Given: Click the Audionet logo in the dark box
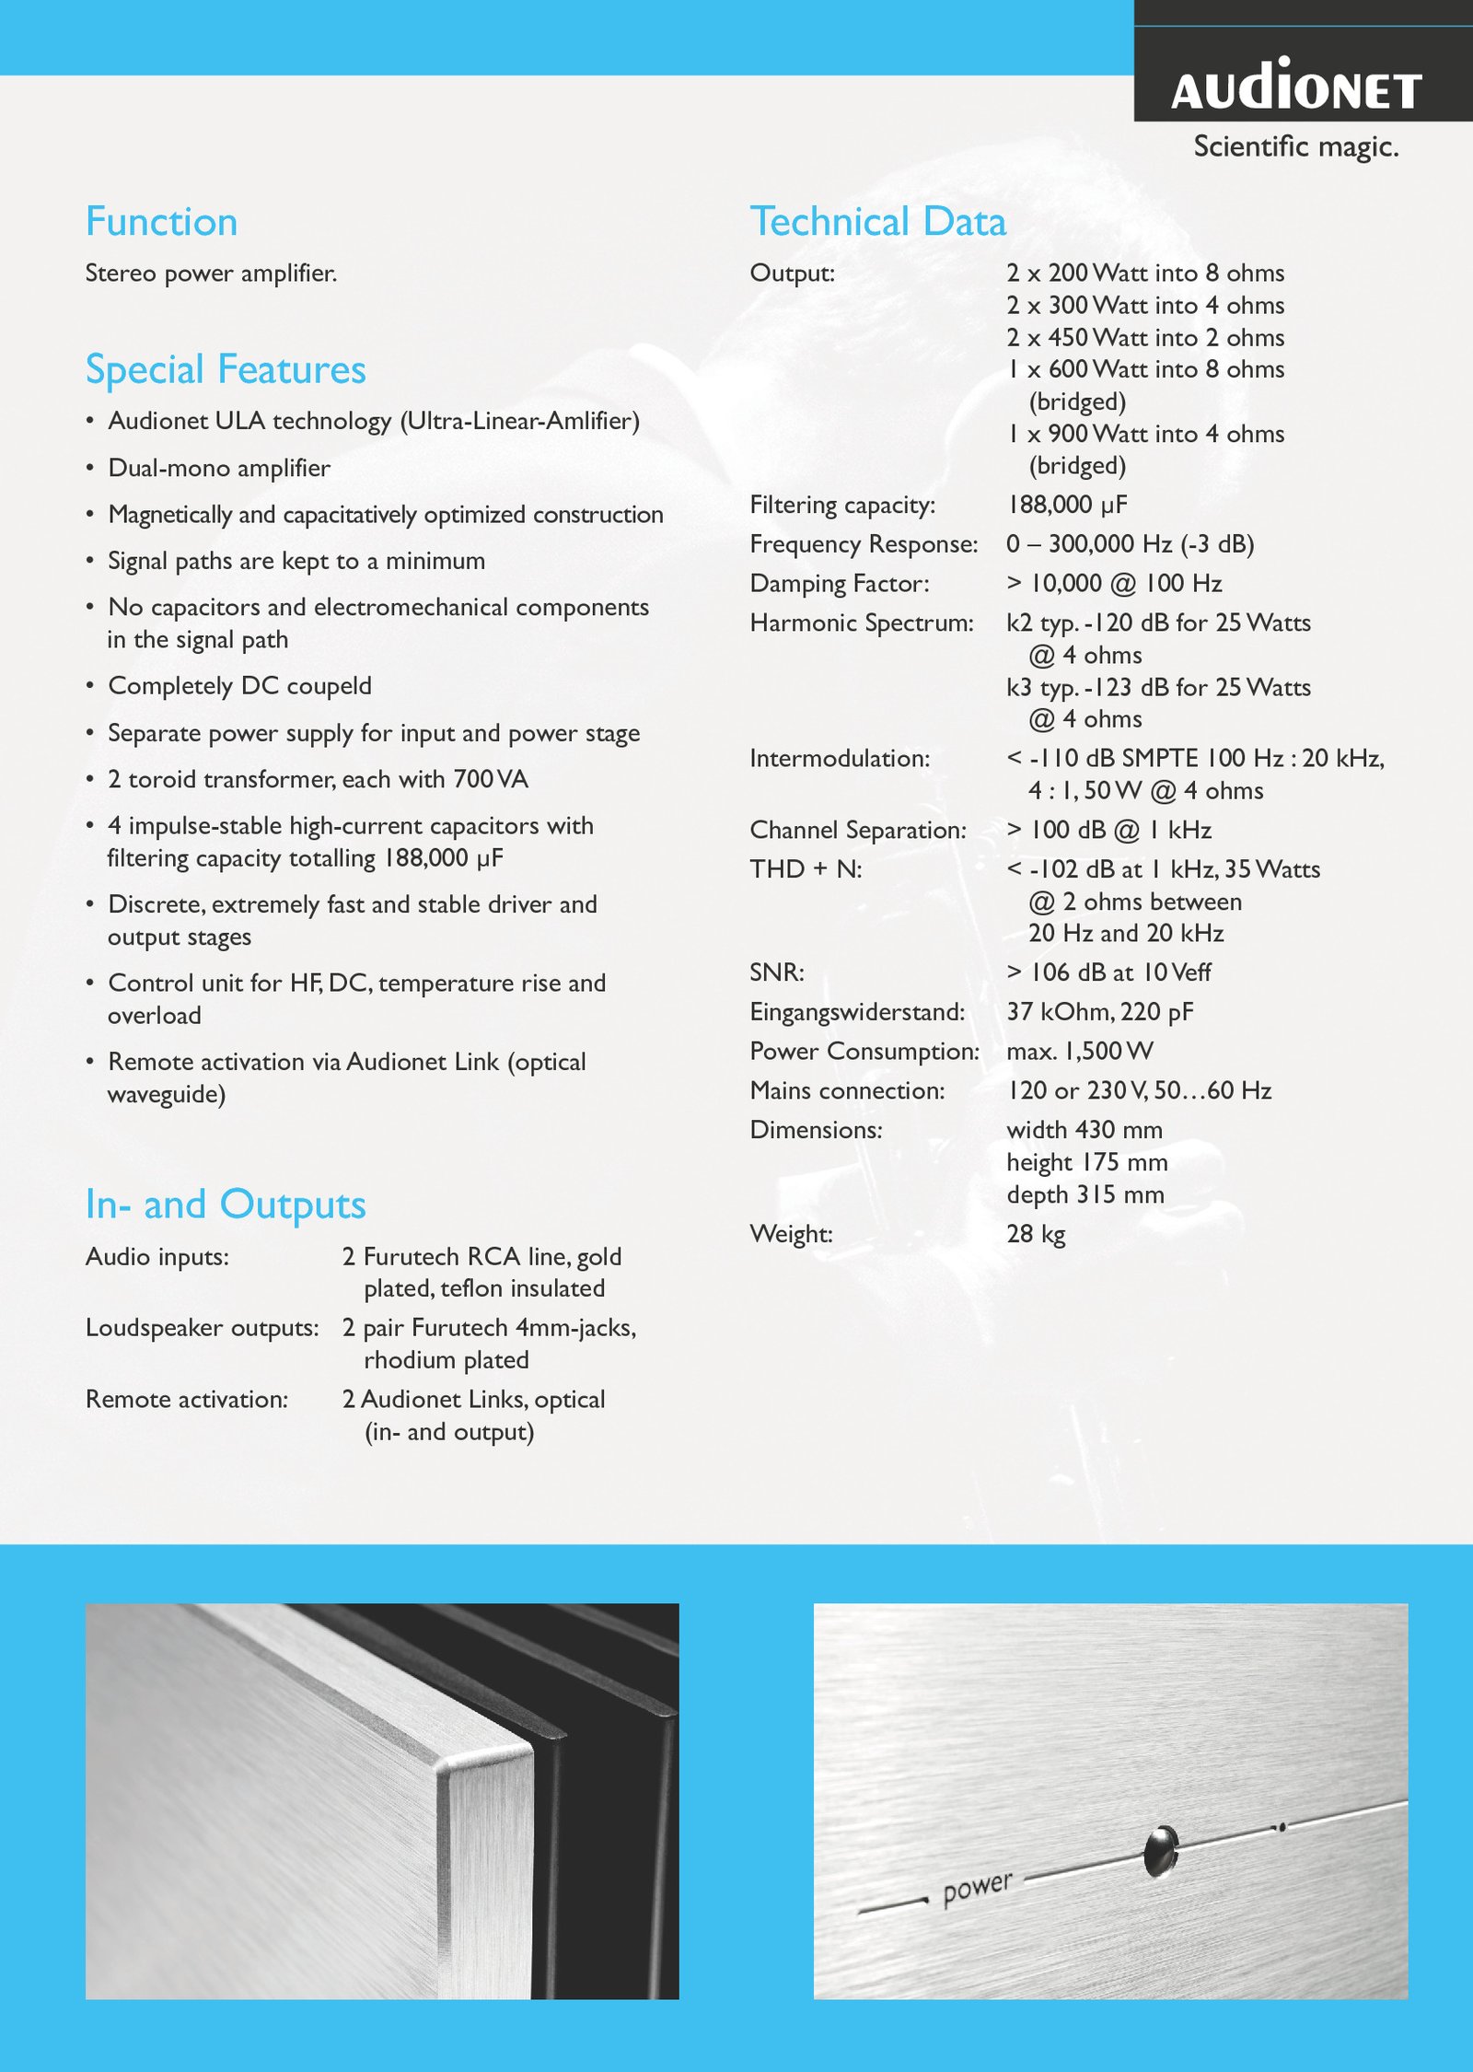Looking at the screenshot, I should (x=1296, y=86).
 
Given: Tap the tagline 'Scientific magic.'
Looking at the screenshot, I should (x=1295, y=146).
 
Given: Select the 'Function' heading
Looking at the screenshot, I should (x=161, y=222).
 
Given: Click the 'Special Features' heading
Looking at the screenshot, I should (x=226, y=369).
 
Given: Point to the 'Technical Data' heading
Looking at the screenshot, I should (x=877, y=222).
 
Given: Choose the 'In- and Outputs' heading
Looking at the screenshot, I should (x=226, y=1205).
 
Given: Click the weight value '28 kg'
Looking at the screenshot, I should (x=1036, y=1234).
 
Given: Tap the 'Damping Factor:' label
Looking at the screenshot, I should (x=840, y=584).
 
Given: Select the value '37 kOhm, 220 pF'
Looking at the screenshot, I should (x=1099, y=1012).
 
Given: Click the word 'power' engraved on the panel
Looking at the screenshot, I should (x=977, y=1888).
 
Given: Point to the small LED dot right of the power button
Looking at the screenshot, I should (x=1281, y=1825).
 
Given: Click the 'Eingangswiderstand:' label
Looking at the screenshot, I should (x=857, y=1012).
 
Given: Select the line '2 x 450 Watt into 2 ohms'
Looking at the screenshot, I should (x=1144, y=338).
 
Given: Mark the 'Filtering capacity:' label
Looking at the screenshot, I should (x=842, y=505).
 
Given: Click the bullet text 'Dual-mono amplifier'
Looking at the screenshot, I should (x=219, y=468).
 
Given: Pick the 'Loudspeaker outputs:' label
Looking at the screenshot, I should (x=202, y=1328).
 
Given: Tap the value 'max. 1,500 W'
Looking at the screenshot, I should (x=1079, y=1052).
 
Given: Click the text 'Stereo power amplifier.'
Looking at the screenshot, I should (x=211, y=274).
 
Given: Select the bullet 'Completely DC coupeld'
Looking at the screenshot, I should (x=239, y=686).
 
